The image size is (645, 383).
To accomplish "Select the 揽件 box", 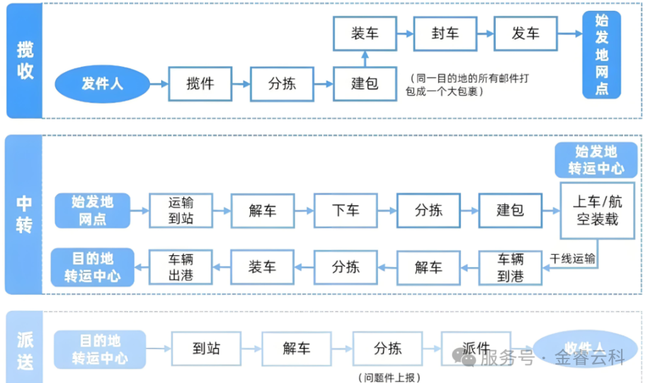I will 200,84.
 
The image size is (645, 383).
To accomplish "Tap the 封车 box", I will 445,34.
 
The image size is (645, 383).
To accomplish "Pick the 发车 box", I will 525,34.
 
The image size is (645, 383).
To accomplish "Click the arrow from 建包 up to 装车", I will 365,58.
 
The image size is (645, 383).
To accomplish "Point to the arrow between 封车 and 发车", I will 485,34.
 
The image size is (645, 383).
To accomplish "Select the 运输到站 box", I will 181,210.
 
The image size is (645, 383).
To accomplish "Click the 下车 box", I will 346,210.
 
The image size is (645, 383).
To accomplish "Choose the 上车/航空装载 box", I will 597,211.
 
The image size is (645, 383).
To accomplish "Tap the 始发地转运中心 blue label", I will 596,160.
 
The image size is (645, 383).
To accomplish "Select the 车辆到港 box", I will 510,267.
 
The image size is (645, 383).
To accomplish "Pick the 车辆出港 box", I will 181,267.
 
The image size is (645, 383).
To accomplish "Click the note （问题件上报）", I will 389,377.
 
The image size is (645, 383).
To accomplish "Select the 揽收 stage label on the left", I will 25,60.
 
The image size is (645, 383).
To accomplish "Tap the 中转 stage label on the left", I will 25,214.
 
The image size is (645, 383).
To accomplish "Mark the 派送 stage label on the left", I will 25,351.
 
